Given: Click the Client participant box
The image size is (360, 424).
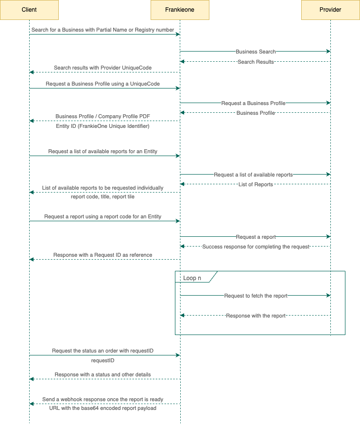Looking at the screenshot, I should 29,10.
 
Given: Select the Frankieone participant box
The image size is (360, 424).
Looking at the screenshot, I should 180,10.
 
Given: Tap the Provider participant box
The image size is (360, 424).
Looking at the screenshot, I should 330,10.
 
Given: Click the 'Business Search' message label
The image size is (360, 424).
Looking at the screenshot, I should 256,52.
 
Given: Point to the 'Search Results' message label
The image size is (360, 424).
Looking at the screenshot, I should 256,62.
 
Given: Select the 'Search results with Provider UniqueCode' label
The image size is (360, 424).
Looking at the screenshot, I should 103,68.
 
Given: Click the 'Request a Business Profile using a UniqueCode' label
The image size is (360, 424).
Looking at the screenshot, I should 103,84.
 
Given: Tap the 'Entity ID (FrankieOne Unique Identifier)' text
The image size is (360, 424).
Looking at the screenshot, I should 103,126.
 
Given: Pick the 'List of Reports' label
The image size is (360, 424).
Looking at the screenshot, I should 256,184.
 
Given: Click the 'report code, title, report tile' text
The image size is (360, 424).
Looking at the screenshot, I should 103,197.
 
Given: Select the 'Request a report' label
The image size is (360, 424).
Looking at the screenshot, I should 256,237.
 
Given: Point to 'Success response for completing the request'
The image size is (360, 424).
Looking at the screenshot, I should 256,247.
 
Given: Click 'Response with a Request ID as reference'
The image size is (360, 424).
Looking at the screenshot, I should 103,255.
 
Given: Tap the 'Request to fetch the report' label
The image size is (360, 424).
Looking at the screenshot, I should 256,296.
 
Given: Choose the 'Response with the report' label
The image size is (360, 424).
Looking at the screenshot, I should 256,316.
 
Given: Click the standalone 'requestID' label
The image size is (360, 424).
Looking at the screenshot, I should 103,361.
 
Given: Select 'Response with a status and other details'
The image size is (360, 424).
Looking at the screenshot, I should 103,374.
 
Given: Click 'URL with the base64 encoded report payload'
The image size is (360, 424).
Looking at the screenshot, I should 103,408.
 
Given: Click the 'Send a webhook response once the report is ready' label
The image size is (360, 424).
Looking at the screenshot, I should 103,399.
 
